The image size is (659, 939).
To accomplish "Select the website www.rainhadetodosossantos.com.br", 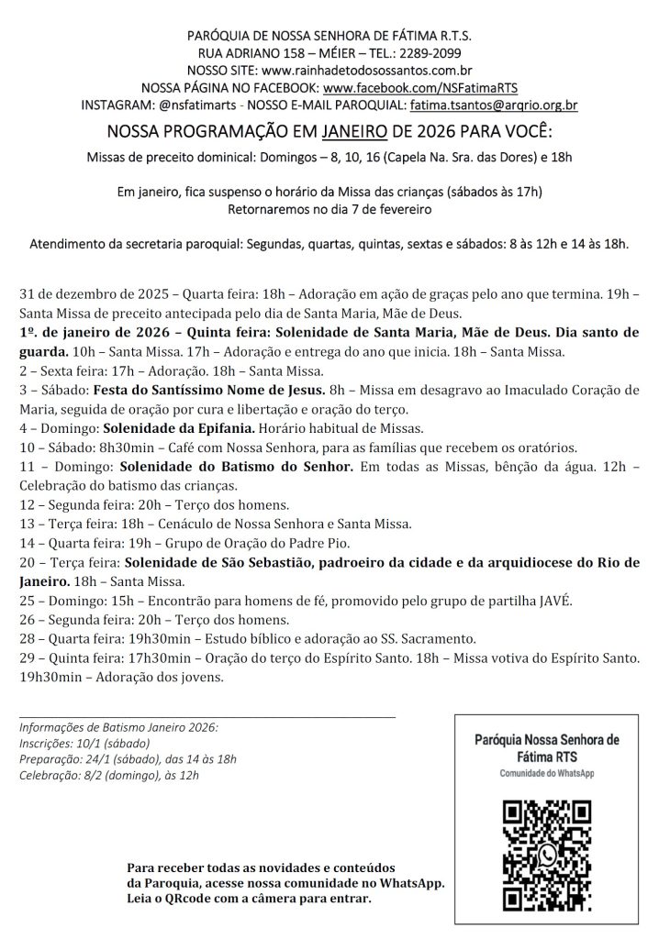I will click(x=367, y=71).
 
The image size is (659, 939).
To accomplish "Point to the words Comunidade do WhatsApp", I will click(x=547, y=774).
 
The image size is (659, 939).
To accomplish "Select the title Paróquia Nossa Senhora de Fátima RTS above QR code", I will click(x=547, y=747).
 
